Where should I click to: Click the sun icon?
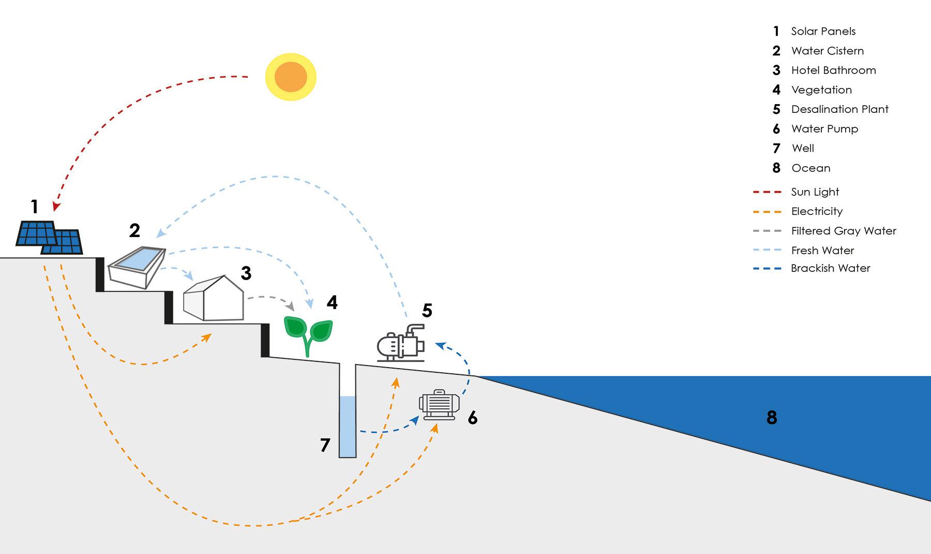click(291, 77)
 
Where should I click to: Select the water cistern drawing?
click(136, 267)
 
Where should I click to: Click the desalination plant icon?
click(401, 343)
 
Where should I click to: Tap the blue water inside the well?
click(348, 427)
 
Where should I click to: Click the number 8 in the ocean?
click(772, 417)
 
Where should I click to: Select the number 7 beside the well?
click(325, 445)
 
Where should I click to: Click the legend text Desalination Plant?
click(839, 109)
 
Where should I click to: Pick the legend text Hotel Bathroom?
click(833, 70)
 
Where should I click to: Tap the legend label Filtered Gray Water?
click(843, 231)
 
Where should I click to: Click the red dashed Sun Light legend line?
click(767, 192)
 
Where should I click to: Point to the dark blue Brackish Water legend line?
click(767, 269)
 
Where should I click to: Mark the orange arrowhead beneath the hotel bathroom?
click(207, 337)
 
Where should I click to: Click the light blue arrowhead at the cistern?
click(160, 234)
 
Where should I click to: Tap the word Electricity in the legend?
click(817, 211)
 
